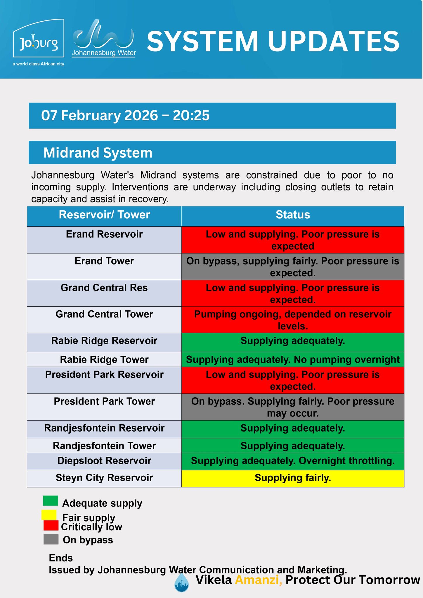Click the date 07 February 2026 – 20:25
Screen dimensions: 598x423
click(125, 115)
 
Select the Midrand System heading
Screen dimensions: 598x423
click(98, 153)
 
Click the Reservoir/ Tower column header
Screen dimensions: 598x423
click(104, 215)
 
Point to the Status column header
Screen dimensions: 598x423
click(293, 215)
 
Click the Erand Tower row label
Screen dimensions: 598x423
click(104, 261)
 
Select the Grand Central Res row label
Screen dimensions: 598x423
click(104, 288)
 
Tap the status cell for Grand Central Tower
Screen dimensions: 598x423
click(293, 320)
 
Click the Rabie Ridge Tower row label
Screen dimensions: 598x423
click(104, 359)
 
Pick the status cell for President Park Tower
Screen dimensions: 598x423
click(293, 407)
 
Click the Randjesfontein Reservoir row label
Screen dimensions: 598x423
click(104, 428)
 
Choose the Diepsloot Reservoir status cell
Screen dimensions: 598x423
click(293, 461)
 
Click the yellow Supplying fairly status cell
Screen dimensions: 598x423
click(293, 478)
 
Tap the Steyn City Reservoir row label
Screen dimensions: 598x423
click(104, 478)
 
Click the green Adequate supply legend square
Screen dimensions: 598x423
click(51, 500)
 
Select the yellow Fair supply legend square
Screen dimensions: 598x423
click(49, 514)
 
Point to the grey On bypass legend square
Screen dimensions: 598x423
click(51, 540)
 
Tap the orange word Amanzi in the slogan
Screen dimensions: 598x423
click(258, 580)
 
